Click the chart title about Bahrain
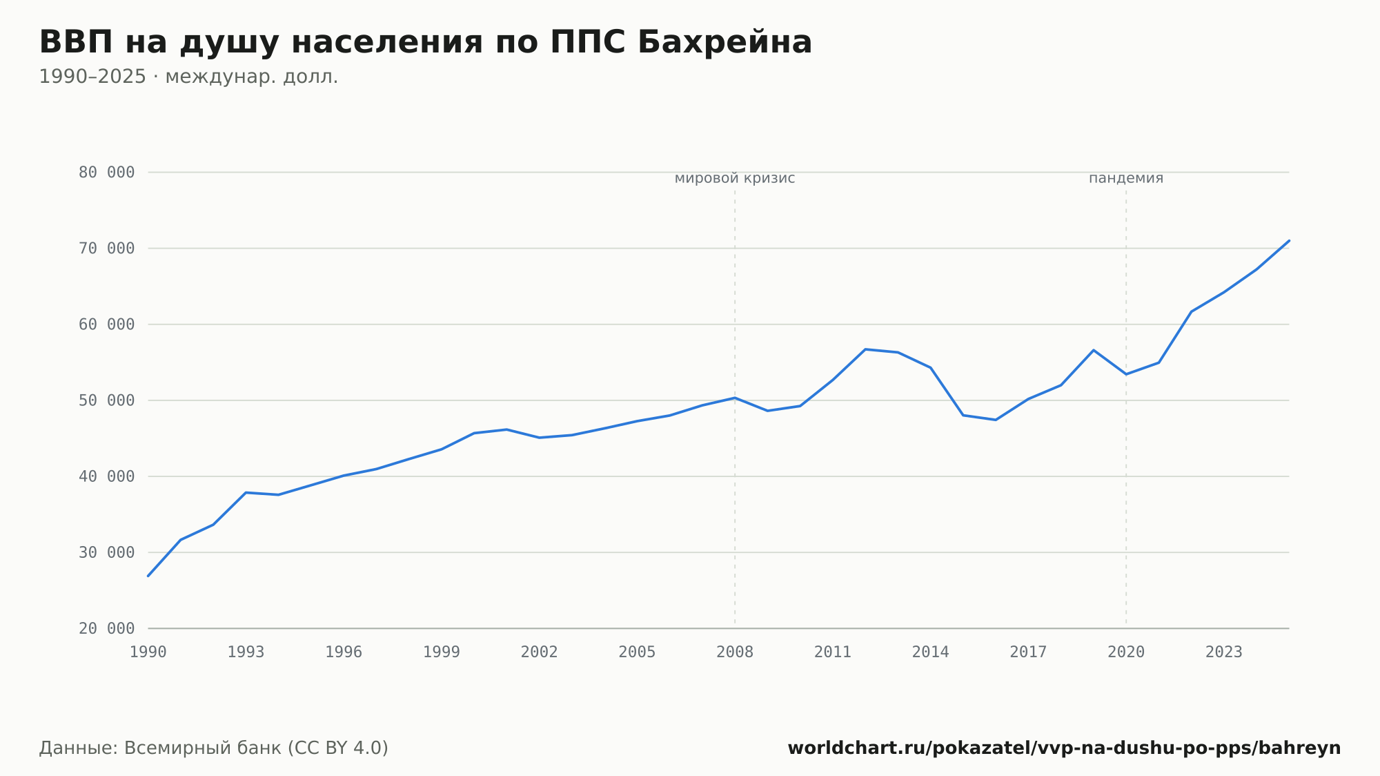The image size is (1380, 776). pos(425,42)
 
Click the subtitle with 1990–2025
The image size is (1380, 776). pos(188,77)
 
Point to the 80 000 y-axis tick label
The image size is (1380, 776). pos(106,173)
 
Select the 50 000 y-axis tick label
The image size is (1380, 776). pos(106,400)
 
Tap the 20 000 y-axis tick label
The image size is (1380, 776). pos(106,628)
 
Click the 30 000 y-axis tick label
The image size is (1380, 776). pos(106,552)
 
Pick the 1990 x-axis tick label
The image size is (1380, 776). pos(148,652)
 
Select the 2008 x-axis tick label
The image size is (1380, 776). pos(735,652)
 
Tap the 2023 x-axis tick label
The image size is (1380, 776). pos(1224,652)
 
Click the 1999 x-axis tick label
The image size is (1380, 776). pos(442,652)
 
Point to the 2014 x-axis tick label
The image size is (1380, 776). pos(931,652)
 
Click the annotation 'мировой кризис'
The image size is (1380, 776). pos(735,178)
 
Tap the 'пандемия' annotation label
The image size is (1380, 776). pos(1126,178)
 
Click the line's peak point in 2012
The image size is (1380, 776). pos(865,349)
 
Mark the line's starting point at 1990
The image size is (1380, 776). pos(148,576)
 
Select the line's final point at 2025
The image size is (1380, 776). pos(1289,240)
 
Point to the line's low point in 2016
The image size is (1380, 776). pos(996,420)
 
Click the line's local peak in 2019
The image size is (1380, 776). pos(1094,350)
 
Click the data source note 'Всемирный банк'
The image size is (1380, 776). pos(214,748)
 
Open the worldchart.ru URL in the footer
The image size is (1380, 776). pos(1064,748)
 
